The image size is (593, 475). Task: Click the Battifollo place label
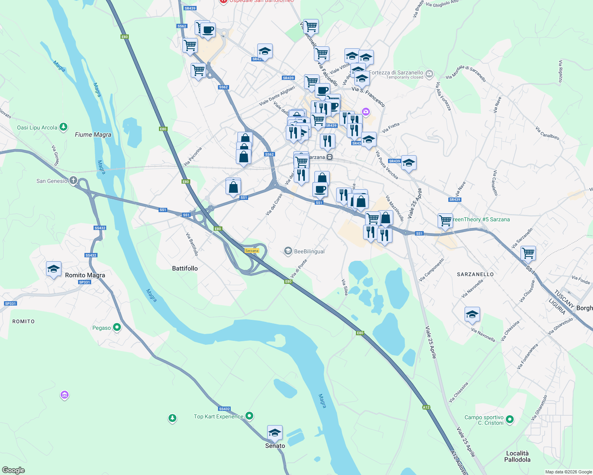tap(185, 268)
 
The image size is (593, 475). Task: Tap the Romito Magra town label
tap(85, 275)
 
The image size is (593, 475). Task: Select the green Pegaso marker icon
tap(117, 327)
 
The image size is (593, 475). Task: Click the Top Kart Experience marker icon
tap(249, 416)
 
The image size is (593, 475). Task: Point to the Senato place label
tap(275, 446)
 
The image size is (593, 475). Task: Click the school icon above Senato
tap(275, 433)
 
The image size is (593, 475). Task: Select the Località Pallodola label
tap(517, 456)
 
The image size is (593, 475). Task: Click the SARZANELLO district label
tap(475, 274)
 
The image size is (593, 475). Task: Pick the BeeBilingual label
tap(309, 251)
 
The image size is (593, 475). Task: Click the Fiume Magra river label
tap(93, 135)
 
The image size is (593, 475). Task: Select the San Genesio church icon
tap(73, 181)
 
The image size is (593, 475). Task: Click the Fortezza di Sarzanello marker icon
tap(429, 74)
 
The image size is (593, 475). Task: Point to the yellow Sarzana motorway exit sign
tap(252, 251)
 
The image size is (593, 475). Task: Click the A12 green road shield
tap(426, 407)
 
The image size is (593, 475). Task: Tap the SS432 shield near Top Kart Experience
tap(224, 409)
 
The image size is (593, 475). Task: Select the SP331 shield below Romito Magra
tap(84, 282)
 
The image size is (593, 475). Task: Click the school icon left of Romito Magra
tap(54, 269)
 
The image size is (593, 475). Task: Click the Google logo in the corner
tap(13, 470)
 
